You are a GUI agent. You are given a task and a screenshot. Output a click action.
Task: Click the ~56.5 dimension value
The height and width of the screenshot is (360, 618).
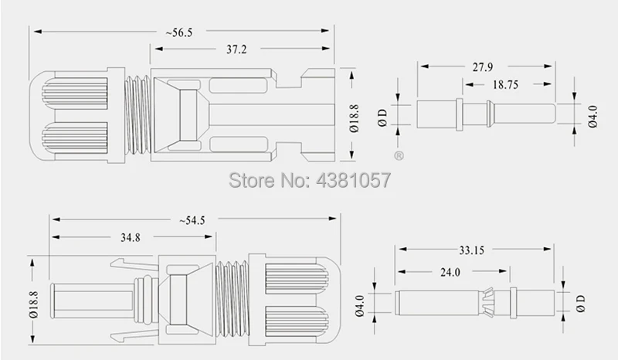pos(179,32)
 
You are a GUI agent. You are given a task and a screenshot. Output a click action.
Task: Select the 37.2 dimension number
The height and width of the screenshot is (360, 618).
pos(236,49)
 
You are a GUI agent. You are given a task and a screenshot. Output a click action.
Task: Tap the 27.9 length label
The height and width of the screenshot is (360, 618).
pos(483,67)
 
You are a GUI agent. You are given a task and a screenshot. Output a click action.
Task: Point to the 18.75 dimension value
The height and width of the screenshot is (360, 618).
pos(506,85)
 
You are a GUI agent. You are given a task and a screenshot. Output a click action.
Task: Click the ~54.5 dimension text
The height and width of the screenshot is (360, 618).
pos(192,220)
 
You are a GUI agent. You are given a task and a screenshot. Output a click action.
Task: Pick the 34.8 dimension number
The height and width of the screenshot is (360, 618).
pos(131,238)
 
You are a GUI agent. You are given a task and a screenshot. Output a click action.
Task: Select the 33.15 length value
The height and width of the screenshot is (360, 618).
pos(471,250)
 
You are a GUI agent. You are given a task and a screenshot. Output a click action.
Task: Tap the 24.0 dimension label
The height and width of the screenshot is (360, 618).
pos(450,272)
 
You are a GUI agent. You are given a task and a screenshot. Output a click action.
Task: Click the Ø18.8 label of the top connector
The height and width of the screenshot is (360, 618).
pos(354,118)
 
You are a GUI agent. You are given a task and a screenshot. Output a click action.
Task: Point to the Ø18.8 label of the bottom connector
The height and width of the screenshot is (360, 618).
pos(33,305)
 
